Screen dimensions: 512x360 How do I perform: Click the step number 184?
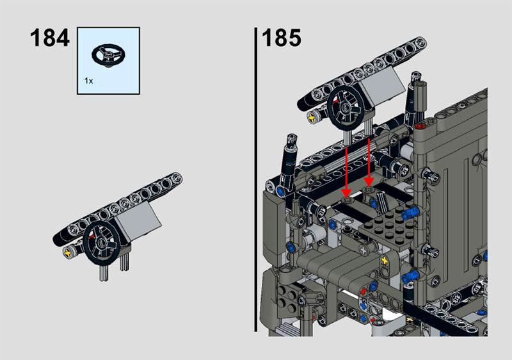50,38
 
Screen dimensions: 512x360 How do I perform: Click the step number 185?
281,38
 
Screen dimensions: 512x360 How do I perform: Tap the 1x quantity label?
88,81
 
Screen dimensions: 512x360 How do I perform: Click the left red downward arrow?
347,171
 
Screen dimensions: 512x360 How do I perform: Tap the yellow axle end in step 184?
68,252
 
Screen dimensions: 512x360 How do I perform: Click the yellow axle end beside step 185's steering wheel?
312,117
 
